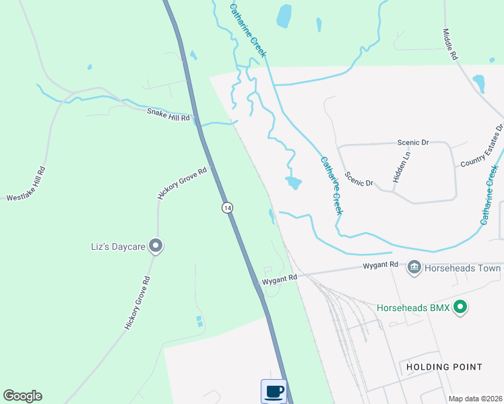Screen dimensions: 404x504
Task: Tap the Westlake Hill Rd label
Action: click(26, 184)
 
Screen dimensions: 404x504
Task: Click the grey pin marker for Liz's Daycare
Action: click(156, 246)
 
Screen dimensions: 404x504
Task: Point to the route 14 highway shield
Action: click(228, 208)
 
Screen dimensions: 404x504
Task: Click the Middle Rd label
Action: click(450, 44)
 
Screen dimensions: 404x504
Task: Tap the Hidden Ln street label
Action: click(402, 166)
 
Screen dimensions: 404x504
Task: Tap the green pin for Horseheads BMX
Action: click(461, 308)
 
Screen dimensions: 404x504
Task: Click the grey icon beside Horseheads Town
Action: click(414, 268)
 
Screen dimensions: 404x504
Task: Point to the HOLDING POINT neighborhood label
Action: click(445, 367)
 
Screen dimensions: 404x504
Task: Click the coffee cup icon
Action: click(274, 391)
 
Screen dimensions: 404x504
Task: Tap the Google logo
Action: click(22, 396)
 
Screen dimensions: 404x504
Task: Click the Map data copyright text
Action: click(475, 399)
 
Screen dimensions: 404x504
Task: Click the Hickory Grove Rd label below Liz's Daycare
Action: click(136, 302)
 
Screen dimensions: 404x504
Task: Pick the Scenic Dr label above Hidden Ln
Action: click(413, 143)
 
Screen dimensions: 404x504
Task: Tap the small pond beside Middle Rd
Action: click(479, 83)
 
